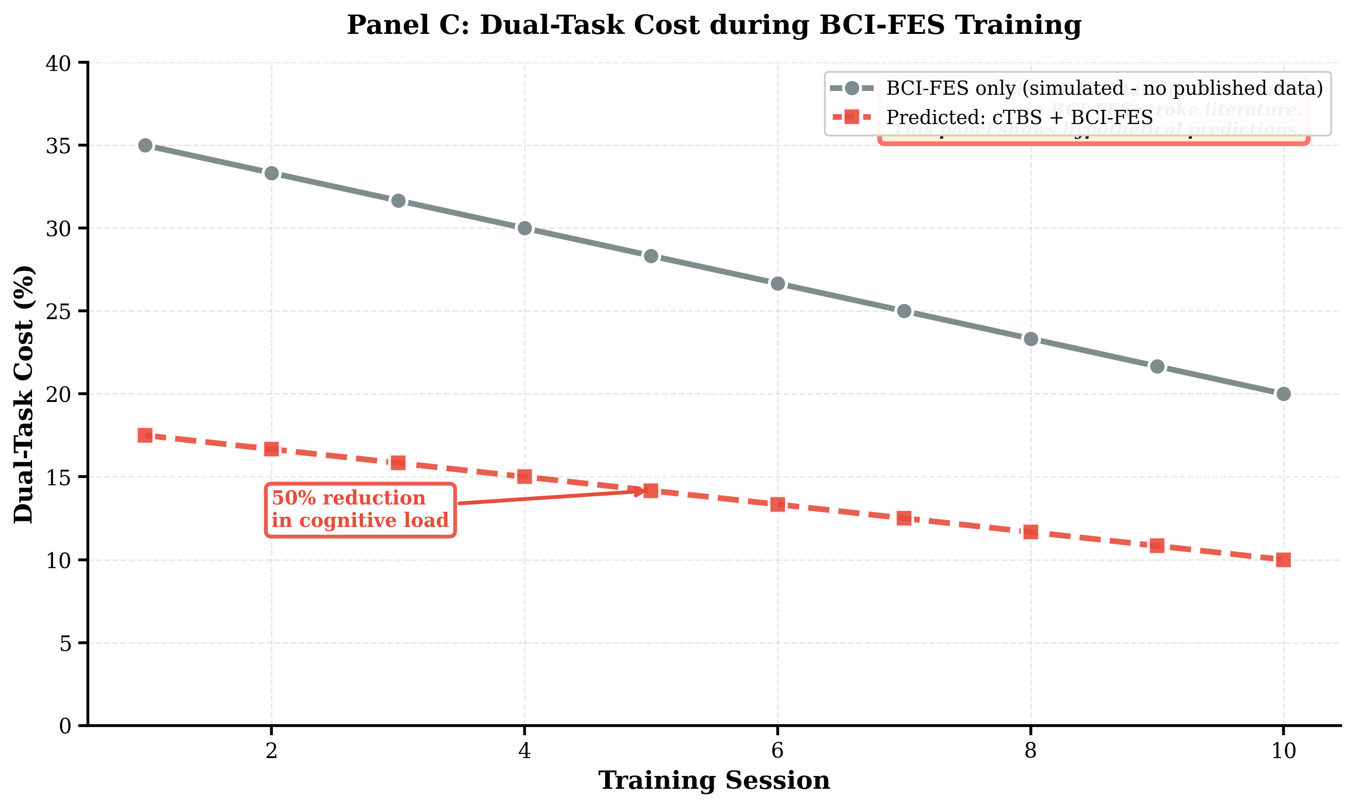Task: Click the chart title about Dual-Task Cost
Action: coord(714,25)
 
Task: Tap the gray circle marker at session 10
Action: coord(1283,394)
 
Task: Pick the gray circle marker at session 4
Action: coord(524,228)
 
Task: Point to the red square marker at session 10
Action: coord(1283,560)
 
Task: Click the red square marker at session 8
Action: coord(1031,532)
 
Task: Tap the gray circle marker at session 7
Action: coord(904,311)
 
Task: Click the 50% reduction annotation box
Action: coord(360,510)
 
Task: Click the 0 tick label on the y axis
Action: coord(65,725)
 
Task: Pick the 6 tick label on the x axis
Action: coord(777,751)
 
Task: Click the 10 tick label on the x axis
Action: coord(1283,751)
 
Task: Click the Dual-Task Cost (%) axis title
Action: coord(24,394)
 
